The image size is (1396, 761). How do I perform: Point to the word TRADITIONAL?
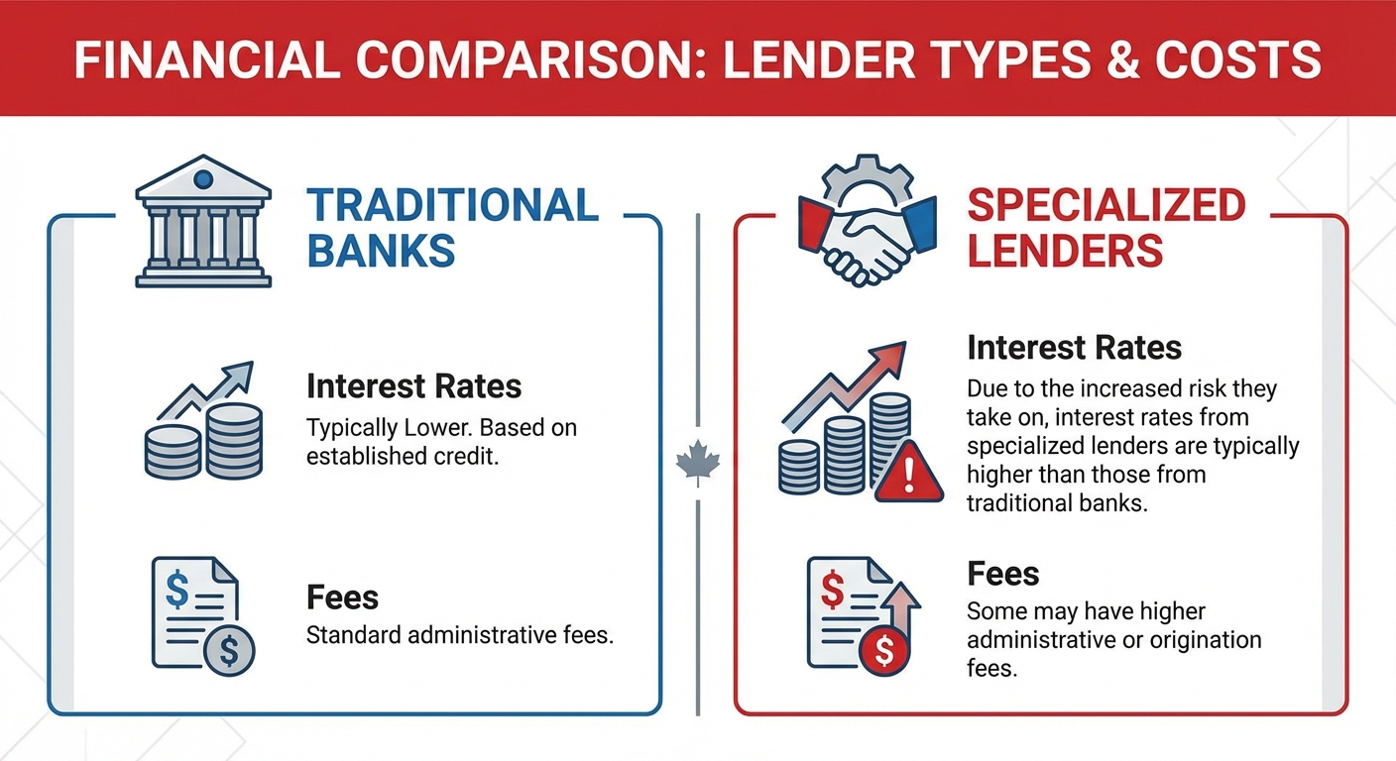point(452,205)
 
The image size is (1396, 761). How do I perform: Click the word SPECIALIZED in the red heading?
point(1105,205)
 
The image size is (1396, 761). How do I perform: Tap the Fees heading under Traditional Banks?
point(342,598)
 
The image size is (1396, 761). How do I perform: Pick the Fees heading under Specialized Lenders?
point(1002,574)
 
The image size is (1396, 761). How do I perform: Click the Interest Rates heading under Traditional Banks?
point(413,384)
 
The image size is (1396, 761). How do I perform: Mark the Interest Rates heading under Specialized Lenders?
point(1074,347)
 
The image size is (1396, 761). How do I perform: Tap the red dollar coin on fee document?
point(884,651)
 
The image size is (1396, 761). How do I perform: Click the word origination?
point(1196,639)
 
